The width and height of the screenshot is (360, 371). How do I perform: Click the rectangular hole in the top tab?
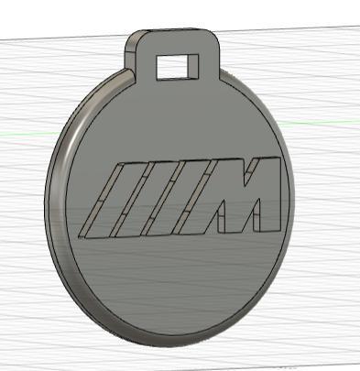[x=178, y=66]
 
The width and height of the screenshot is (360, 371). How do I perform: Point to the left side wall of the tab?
[x=129, y=60]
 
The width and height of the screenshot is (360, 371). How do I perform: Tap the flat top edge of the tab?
[x=174, y=30]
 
